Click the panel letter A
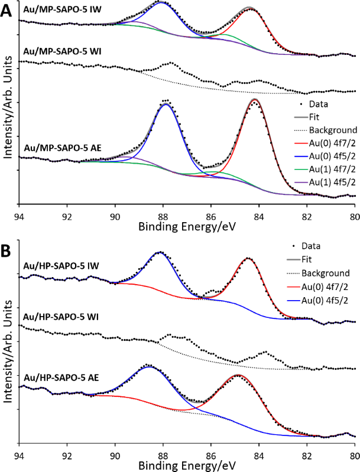click(x=8, y=11)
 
